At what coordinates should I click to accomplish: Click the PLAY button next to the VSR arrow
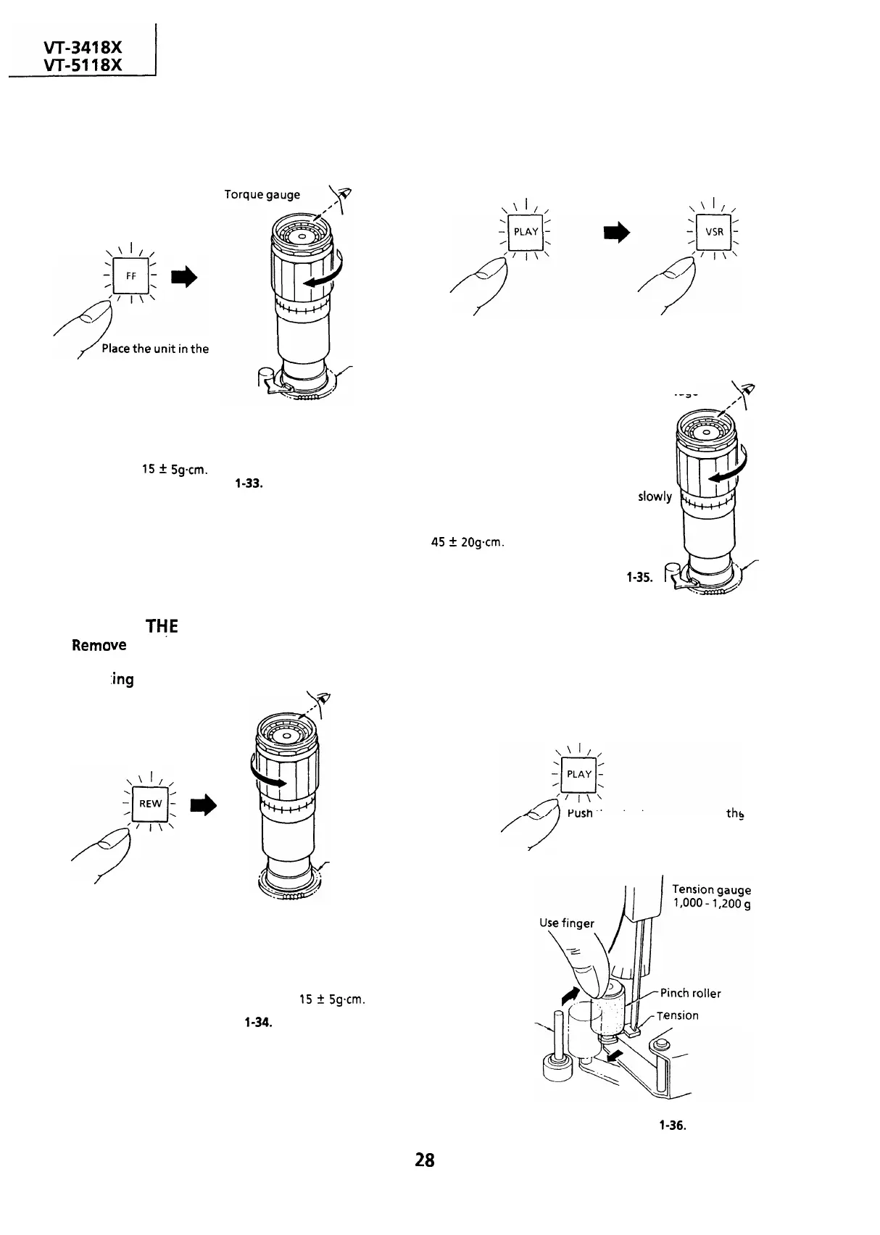[x=526, y=232]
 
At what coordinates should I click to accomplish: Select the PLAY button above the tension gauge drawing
[x=579, y=773]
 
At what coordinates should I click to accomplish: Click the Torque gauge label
[x=262, y=195]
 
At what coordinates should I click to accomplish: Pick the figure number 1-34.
[x=258, y=1023]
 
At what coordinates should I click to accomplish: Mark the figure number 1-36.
[x=673, y=1126]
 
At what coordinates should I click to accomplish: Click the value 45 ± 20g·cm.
[x=467, y=541]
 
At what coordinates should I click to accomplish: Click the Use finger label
[x=566, y=923]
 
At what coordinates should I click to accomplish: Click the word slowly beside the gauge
[x=655, y=496]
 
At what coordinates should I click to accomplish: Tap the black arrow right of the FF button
[x=184, y=277]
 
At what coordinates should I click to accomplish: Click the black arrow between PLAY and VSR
[x=618, y=231]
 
